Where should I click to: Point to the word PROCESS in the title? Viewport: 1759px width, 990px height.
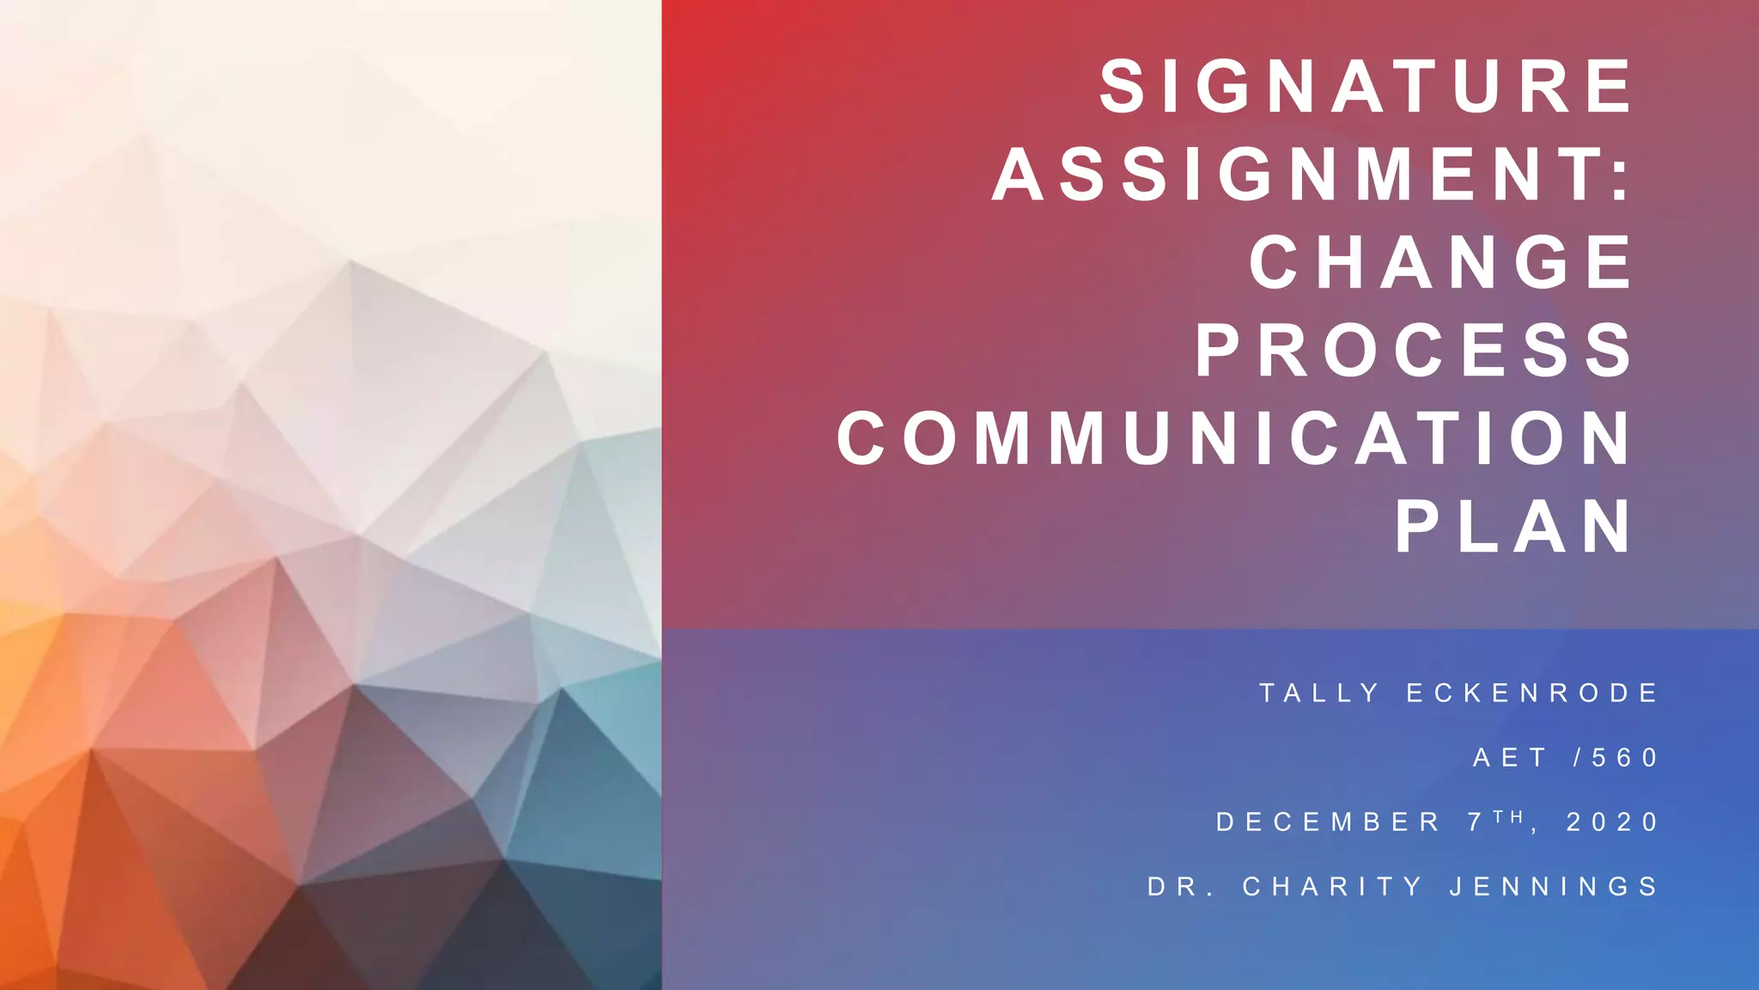point(1414,351)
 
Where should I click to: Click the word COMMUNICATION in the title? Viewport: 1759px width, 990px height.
point(1234,438)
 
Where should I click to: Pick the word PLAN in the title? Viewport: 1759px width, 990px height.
point(1513,527)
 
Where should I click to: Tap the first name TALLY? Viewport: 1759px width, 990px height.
point(1318,693)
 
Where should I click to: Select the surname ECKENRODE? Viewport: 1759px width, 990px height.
point(1531,693)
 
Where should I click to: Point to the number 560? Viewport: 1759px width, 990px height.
point(1624,757)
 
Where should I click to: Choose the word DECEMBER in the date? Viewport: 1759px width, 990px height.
point(1328,822)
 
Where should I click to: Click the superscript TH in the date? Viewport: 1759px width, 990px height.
point(1508,816)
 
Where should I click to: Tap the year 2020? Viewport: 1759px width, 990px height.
point(1612,822)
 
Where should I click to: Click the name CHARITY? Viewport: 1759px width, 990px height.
point(1333,886)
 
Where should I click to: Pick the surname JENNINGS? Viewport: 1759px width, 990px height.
point(1554,886)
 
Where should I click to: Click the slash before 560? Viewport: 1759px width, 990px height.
point(1577,757)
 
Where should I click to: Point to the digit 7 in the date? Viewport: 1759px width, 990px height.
point(1476,822)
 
